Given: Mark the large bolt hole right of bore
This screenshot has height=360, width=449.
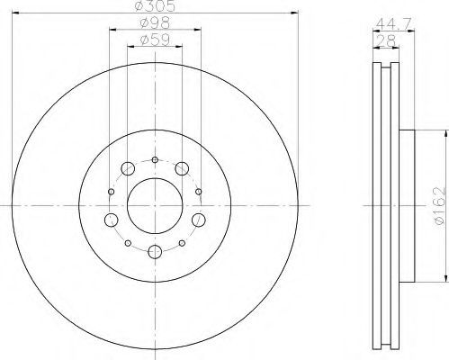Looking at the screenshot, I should pyautogui.click(x=199, y=220).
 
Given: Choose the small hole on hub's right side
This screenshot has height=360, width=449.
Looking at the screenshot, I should pyautogui.click(x=198, y=191).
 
